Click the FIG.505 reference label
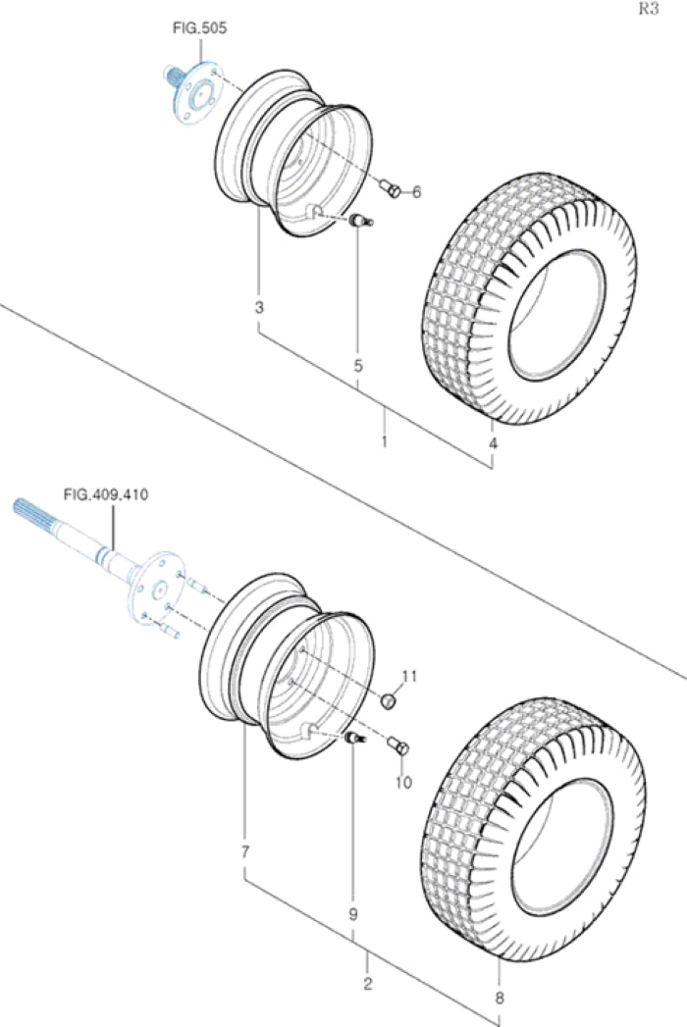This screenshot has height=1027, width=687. click(x=200, y=29)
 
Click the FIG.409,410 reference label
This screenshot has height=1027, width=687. click(x=105, y=494)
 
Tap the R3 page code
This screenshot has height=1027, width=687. click(x=649, y=10)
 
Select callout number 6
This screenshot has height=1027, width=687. click(x=416, y=193)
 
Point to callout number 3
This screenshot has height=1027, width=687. click(x=259, y=308)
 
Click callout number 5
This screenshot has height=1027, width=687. click(x=358, y=365)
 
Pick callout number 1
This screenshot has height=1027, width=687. click(x=384, y=442)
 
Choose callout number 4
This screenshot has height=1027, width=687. click(x=493, y=443)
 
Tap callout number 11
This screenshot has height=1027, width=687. click(x=409, y=676)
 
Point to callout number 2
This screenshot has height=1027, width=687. click(x=368, y=983)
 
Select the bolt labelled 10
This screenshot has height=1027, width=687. click(x=397, y=747)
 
